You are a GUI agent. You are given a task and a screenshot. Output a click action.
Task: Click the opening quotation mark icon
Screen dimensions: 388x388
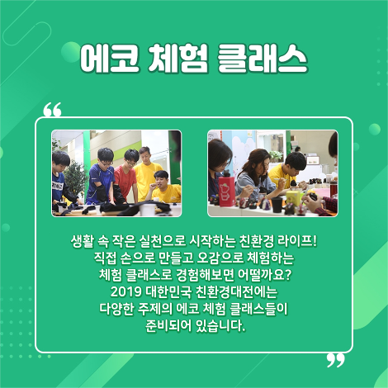52,110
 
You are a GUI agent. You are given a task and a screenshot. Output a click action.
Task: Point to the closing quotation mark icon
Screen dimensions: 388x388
334,360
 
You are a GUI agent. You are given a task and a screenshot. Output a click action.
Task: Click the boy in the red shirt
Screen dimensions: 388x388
125,178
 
